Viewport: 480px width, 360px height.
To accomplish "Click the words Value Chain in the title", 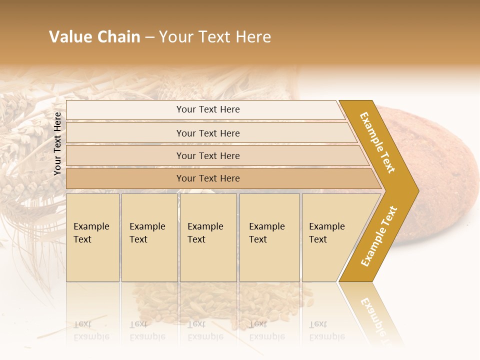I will (94, 37).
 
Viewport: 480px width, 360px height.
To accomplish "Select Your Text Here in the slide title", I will (215, 37).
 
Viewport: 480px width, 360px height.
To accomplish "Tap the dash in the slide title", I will (149, 37).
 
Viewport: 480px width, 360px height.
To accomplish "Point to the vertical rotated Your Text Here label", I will (57, 144).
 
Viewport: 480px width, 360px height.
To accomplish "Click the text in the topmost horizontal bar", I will (208, 109).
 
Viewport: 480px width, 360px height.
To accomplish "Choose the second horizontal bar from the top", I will (208, 133).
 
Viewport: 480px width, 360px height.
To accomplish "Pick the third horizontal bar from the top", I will (208, 155).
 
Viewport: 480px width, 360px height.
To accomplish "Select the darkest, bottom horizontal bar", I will (208, 178).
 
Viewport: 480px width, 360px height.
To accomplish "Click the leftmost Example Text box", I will (92, 237).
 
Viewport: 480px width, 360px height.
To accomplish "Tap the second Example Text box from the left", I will (149, 237).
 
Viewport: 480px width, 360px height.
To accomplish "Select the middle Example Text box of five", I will (208, 237).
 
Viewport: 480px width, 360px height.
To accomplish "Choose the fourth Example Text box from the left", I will (269, 237).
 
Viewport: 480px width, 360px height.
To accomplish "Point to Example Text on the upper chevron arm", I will (377, 142).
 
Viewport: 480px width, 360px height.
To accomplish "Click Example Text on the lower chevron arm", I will (379, 236).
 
